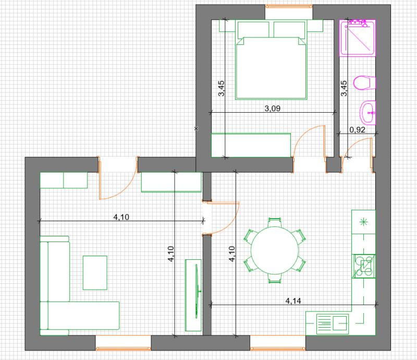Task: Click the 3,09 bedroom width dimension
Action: [272, 109]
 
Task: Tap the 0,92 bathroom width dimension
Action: [357, 130]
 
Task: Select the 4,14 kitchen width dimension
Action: [293, 301]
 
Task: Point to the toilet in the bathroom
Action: [364, 82]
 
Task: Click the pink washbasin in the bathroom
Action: [368, 113]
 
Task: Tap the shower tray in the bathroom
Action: [358, 38]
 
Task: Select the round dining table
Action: [275, 250]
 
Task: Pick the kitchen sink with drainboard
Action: [333, 324]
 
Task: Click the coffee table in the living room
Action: [95, 273]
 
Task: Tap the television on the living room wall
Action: [197, 291]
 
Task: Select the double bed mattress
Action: [271, 68]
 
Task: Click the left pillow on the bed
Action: [253, 29]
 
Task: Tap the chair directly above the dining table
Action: [275, 222]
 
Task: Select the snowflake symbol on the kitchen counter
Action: [363, 222]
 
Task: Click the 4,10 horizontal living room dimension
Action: [121, 217]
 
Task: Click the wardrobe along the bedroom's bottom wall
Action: [251, 145]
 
